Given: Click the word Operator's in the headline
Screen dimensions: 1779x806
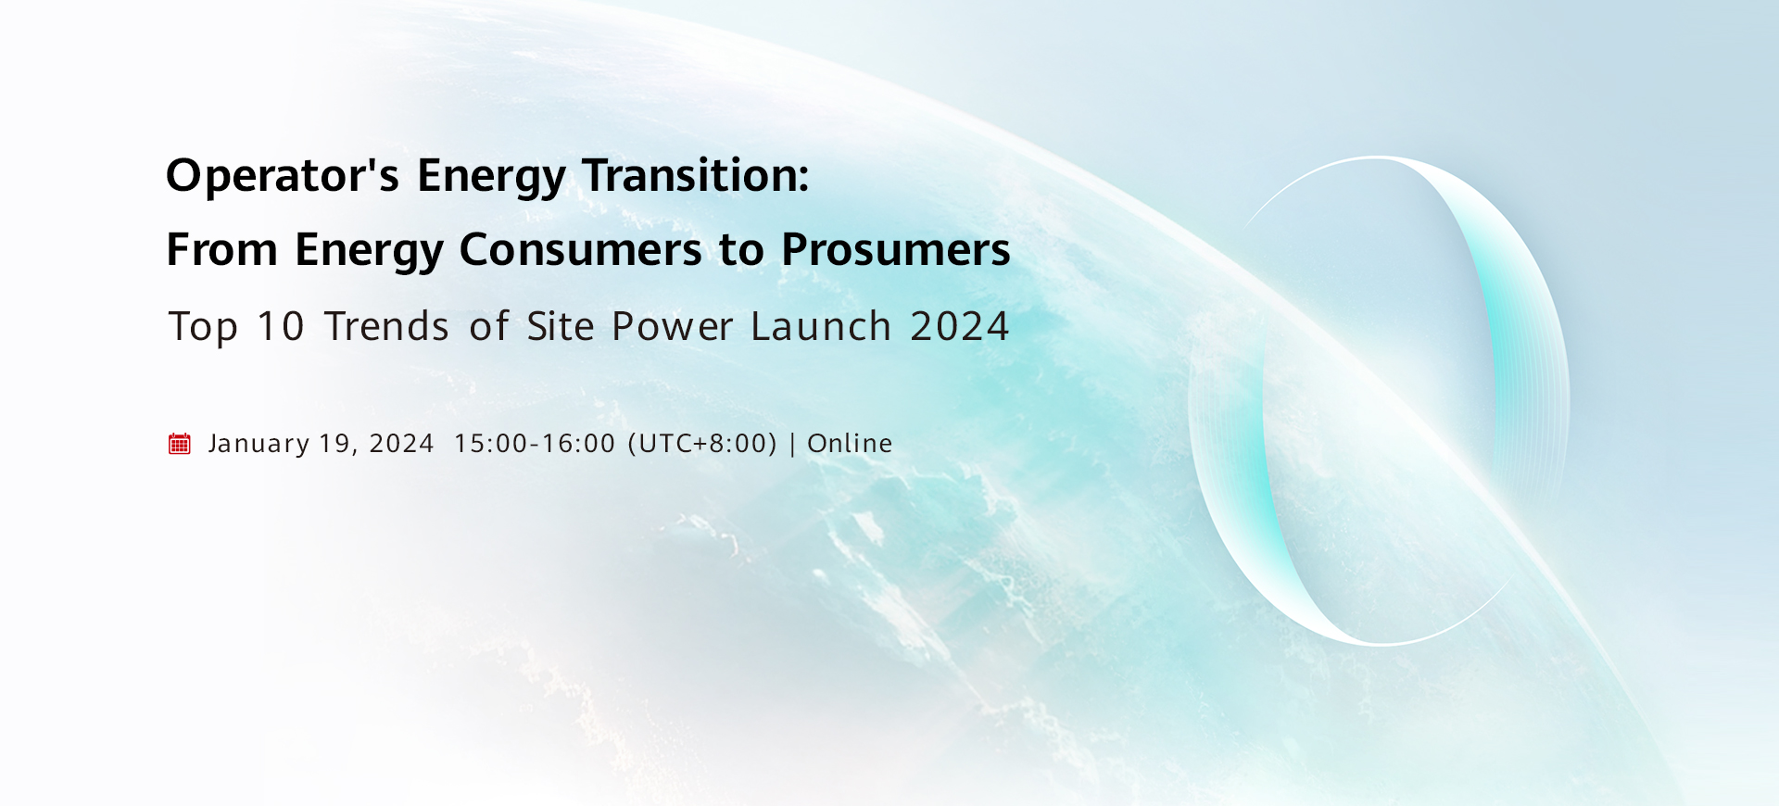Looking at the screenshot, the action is point(283,175).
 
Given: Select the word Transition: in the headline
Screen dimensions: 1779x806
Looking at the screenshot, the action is point(696,175).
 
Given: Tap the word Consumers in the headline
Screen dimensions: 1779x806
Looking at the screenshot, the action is point(581,249).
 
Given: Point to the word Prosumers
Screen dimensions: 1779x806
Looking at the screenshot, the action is point(896,249).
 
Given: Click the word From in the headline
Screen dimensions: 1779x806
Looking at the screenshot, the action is point(222,249).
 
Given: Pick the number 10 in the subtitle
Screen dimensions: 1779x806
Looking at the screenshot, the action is point(280,326).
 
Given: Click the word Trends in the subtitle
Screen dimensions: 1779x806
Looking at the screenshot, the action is point(386,326).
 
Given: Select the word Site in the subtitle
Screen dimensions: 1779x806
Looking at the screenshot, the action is point(561,326).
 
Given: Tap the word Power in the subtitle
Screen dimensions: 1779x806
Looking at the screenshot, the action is point(673,326).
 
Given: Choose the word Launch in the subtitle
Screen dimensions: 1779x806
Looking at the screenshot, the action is point(821,326).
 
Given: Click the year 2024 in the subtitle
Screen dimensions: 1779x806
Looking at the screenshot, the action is point(960,326).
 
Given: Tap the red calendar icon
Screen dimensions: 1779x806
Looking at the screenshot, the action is point(179,444).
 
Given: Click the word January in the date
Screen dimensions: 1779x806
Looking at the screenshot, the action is point(259,444).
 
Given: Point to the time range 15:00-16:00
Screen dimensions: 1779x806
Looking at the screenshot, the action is point(535,444).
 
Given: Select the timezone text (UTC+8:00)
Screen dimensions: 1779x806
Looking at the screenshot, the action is point(702,444).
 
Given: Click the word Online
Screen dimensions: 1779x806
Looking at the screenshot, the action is point(850,444).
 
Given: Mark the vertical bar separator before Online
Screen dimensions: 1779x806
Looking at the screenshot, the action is point(792,444).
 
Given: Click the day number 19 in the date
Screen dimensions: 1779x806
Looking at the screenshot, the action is point(334,444).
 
